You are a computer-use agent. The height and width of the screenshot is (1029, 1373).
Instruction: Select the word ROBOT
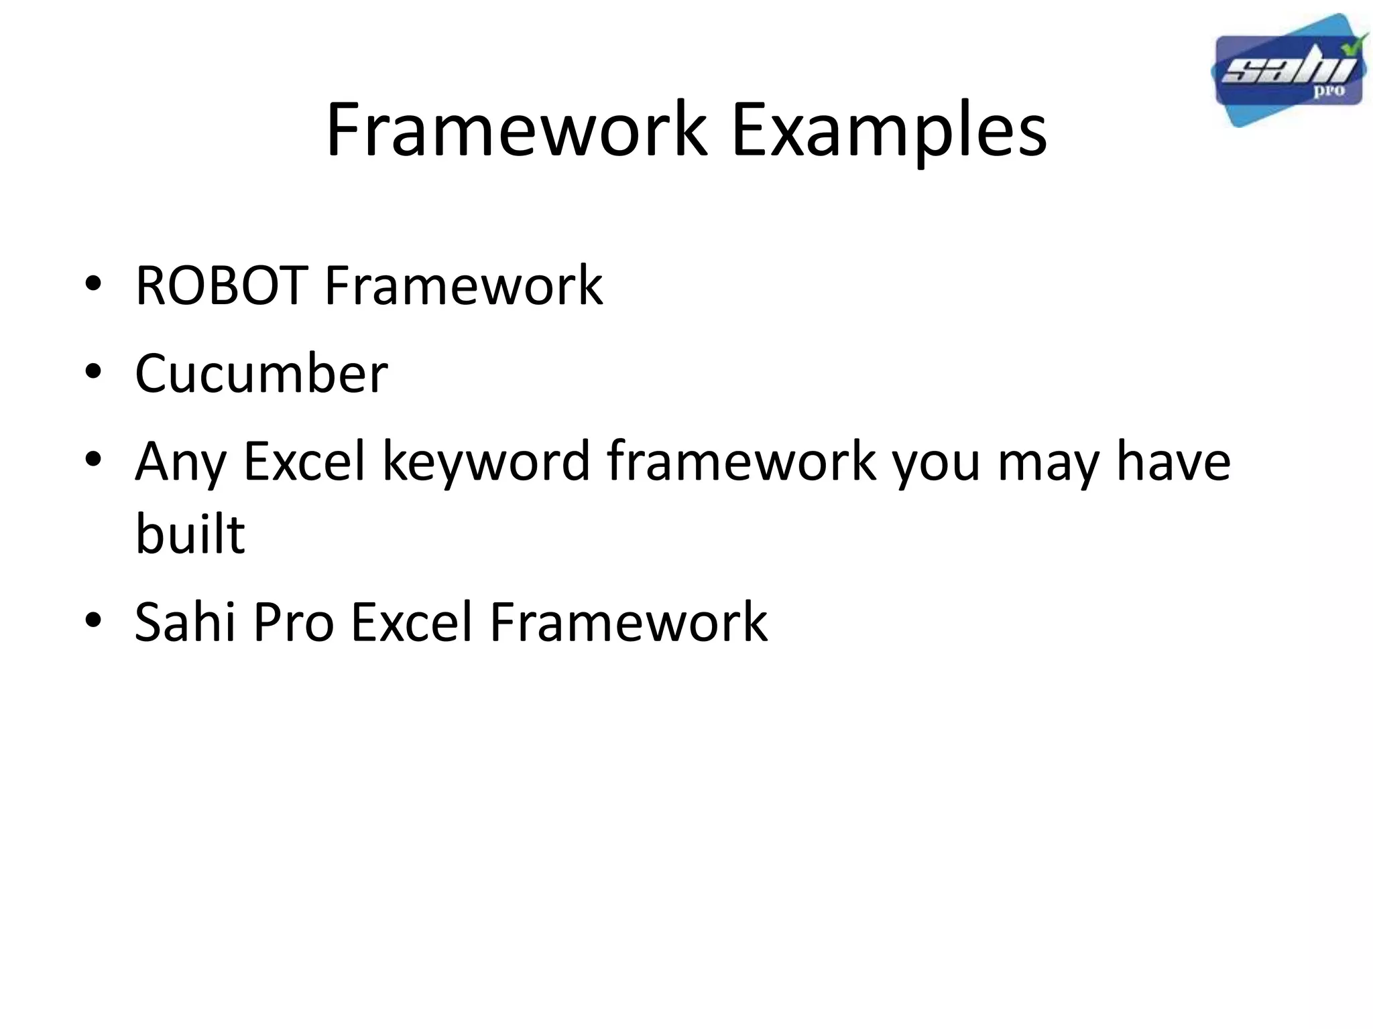coord(221,286)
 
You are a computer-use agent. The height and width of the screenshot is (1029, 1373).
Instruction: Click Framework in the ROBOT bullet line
coord(463,286)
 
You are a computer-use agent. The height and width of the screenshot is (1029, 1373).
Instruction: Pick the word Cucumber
coord(261,373)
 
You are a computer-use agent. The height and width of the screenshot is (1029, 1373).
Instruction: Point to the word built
coord(190,534)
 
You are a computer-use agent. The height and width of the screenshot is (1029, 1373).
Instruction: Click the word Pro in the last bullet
coord(294,622)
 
